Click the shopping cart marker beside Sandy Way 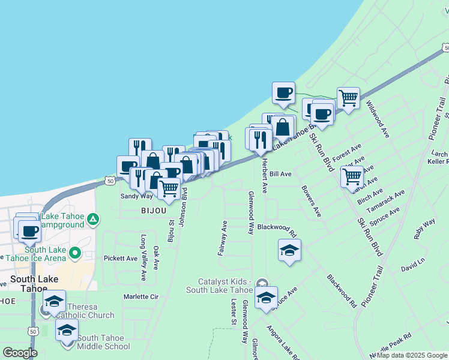point(169,188)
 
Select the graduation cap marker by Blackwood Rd point(289,250)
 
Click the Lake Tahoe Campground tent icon point(92,220)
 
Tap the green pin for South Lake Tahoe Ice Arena point(74,253)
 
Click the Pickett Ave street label point(121,259)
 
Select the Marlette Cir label point(140,296)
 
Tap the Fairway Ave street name point(223,238)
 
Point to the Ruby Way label point(424,230)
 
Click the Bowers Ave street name point(312,205)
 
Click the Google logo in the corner point(20,353)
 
